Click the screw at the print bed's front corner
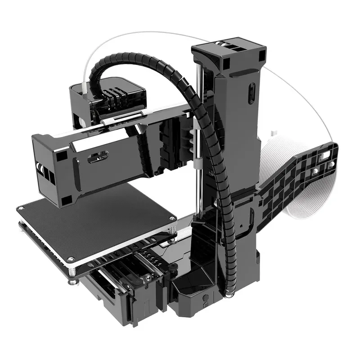pyautogui.click(x=70, y=260)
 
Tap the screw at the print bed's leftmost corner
pyautogui.click(x=20, y=208)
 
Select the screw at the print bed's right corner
pyautogui.click(x=171, y=219)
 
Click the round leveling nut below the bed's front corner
pyautogui.click(x=72, y=282)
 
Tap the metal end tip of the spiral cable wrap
pyautogui.click(x=229, y=295)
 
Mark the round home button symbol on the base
pyautogui.click(x=205, y=298)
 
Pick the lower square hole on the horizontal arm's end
pyautogui.click(x=66, y=199)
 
